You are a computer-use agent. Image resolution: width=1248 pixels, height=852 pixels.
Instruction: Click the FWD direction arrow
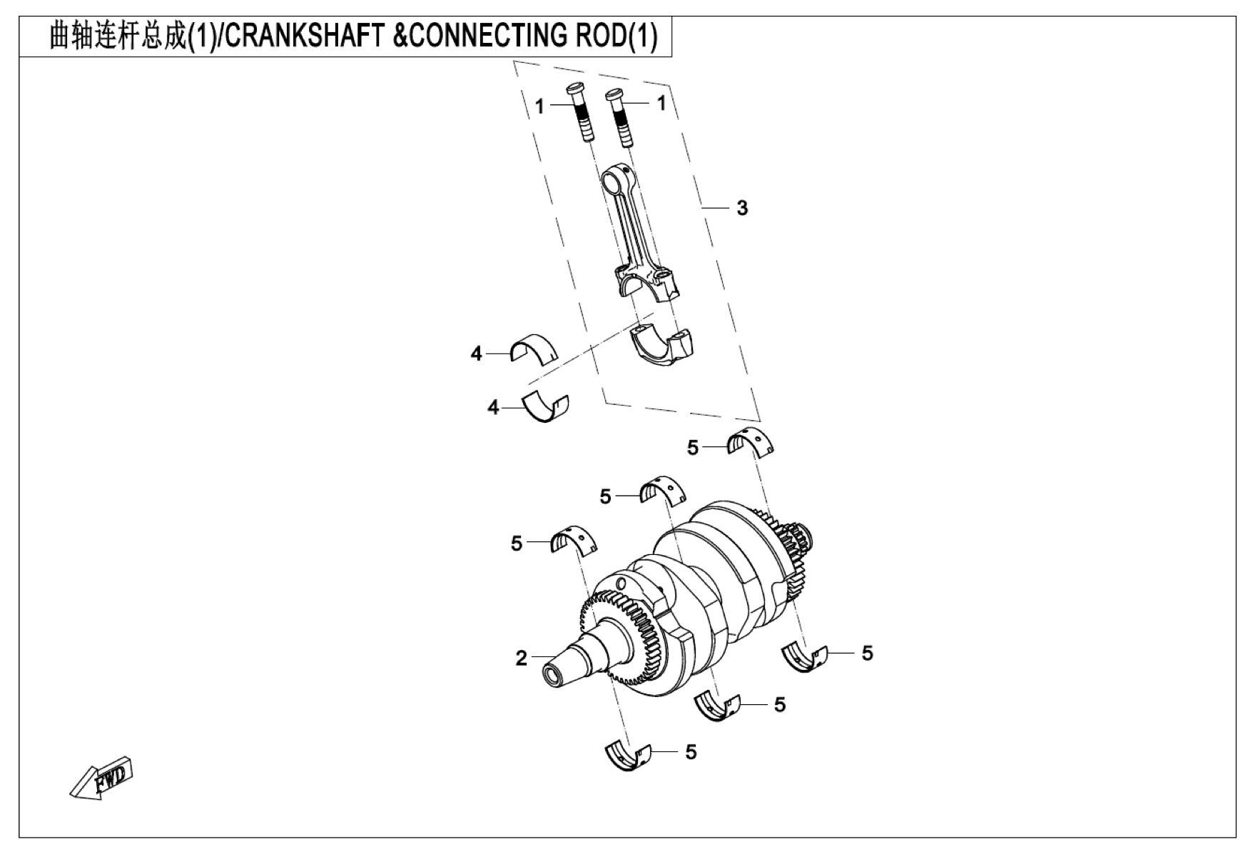(102, 776)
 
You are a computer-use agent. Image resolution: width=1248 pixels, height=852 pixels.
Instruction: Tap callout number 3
(742, 208)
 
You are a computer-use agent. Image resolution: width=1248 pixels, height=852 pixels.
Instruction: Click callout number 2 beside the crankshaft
(522, 658)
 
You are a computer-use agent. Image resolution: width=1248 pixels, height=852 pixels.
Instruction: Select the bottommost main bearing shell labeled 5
(629, 756)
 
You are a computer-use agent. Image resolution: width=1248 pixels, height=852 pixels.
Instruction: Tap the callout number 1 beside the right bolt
(661, 103)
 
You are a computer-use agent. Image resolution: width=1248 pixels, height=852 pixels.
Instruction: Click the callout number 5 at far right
(867, 653)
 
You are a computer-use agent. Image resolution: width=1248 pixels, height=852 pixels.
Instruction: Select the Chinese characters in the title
(117, 36)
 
